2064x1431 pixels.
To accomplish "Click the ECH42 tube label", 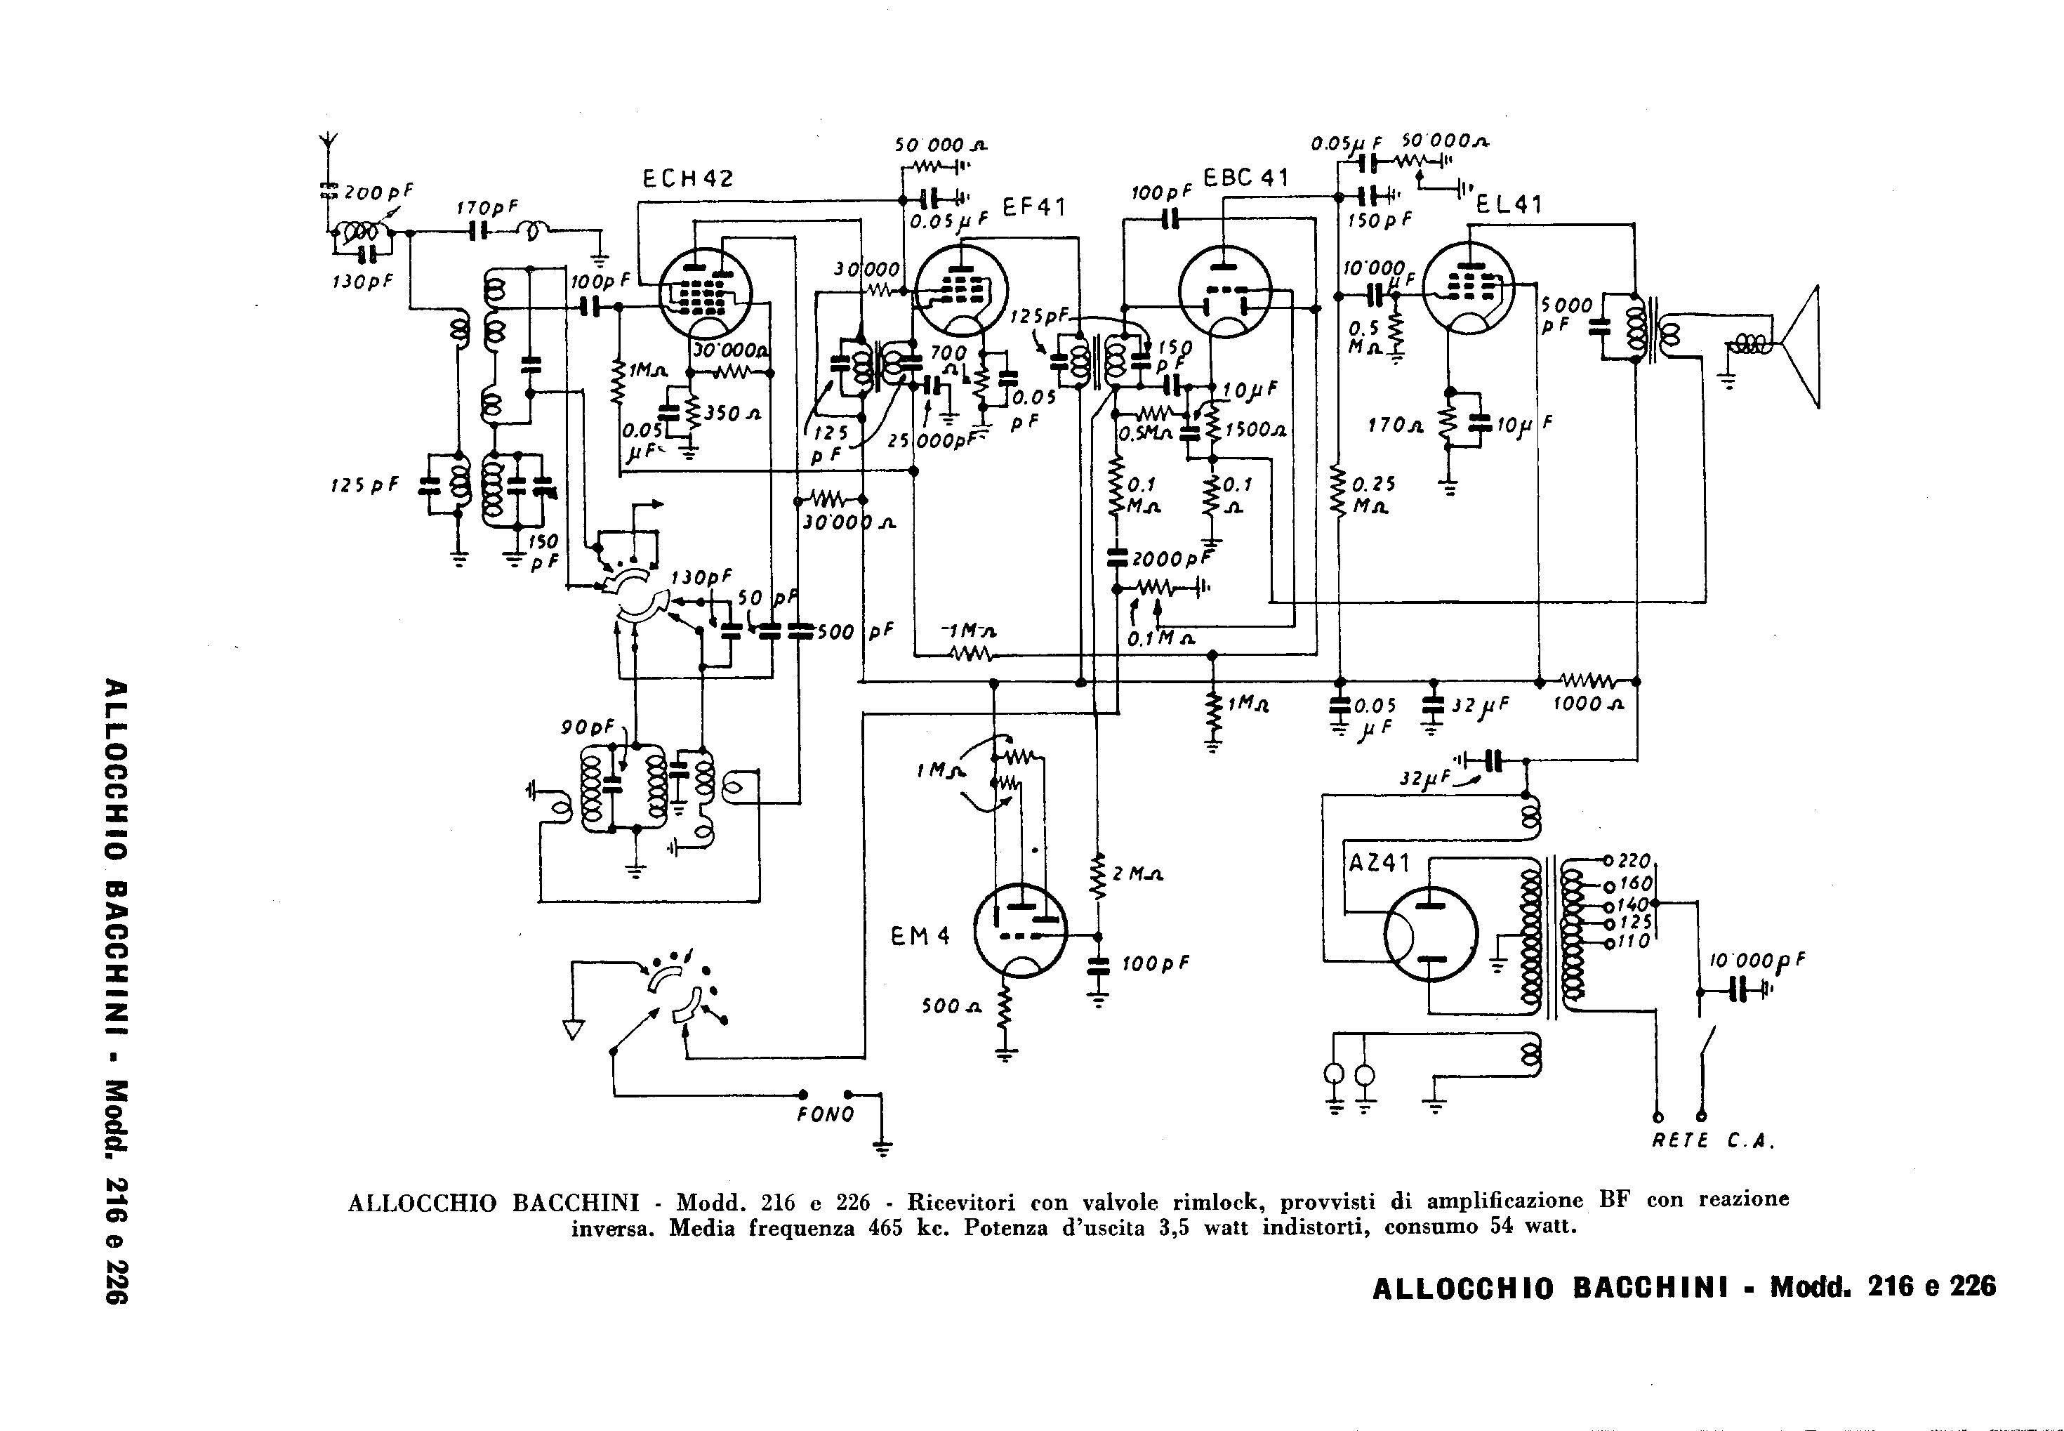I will (x=687, y=179).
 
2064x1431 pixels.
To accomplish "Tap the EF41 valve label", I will (x=1033, y=208).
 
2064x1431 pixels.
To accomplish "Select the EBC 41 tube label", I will (x=1245, y=178).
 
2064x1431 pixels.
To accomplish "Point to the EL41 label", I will (x=1509, y=205).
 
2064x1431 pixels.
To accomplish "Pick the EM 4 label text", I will (x=920, y=937).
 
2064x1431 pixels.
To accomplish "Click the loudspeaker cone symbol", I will (x=1801, y=347).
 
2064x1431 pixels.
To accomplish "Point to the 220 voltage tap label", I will (x=1634, y=861).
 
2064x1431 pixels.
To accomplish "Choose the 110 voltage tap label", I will (x=1634, y=942).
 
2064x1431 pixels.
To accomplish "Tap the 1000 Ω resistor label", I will (x=1588, y=705).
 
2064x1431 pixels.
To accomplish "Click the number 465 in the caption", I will (x=885, y=1228).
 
